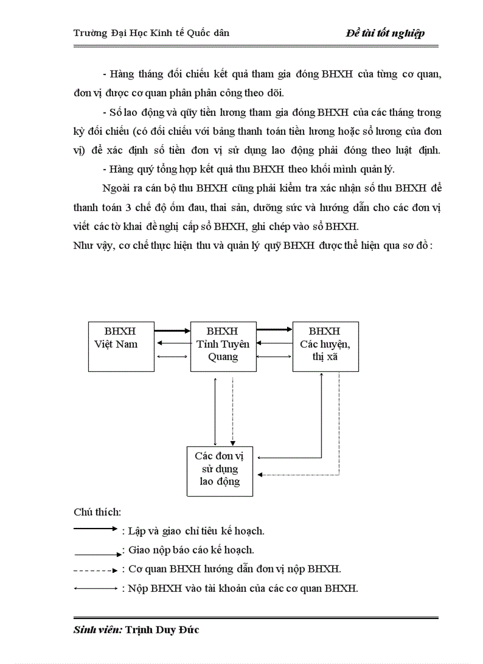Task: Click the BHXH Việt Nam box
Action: click(x=121, y=346)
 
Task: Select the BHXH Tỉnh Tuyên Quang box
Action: click(x=223, y=346)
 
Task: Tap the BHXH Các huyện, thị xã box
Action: click(x=325, y=346)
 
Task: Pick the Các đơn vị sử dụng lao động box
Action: click(x=220, y=471)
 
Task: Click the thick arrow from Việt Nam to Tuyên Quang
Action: click(x=172, y=331)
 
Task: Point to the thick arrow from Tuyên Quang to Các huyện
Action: click(x=274, y=331)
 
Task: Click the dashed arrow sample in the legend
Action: click(x=95, y=571)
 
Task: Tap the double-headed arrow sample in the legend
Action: click(x=95, y=588)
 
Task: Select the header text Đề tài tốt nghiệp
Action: click(x=385, y=33)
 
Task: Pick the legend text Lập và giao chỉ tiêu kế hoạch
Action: click(x=197, y=530)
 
